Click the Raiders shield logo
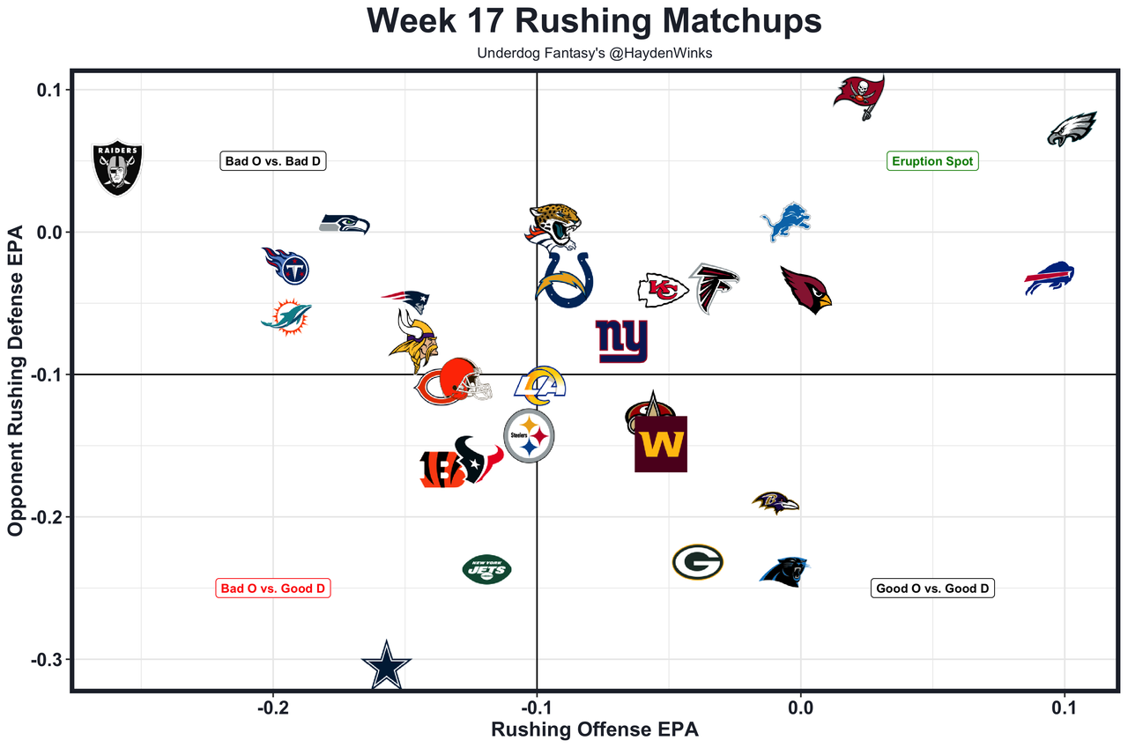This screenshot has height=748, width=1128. tap(117, 167)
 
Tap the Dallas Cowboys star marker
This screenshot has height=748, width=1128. tap(386, 666)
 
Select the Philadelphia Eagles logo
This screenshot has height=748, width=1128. tap(1071, 130)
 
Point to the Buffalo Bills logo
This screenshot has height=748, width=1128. tap(1050, 278)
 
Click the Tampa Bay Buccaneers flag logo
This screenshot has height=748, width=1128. tap(859, 95)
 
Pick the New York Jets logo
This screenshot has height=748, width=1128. tap(486, 569)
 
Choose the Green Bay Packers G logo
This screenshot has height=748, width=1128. tap(697, 562)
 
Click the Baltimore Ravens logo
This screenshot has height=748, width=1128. tap(775, 503)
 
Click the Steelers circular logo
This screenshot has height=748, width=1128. tap(529, 435)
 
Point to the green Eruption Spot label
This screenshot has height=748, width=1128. tap(932, 161)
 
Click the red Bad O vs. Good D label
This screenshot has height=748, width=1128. tap(273, 589)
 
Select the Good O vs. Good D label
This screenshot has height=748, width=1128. tap(932, 589)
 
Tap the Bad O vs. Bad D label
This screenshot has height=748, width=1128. tap(273, 161)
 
